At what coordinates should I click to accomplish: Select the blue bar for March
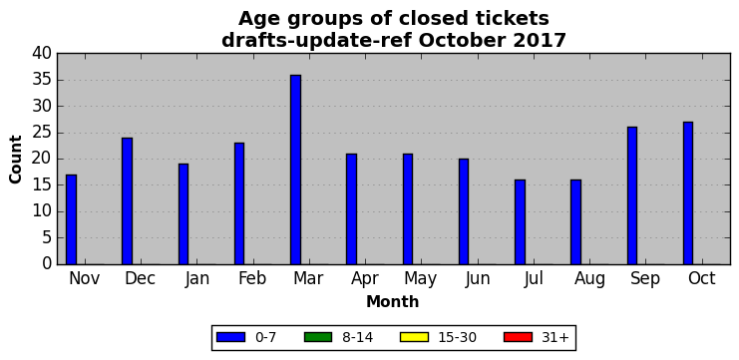(x=295, y=170)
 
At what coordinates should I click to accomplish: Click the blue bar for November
(x=71, y=219)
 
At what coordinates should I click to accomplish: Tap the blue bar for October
(x=688, y=193)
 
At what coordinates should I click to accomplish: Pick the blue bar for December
(x=128, y=201)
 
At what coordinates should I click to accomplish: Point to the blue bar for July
(x=520, y=222)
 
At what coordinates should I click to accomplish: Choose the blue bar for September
(x=632, y=195)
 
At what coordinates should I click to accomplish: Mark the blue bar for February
(x=239, y=203)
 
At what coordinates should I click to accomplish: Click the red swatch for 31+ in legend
(x=518, y=337)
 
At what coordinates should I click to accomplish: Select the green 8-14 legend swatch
(x=318, y=337)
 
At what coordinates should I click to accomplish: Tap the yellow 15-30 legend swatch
(x=414, y=337)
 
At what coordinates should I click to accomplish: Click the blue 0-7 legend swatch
(x=230, y=337)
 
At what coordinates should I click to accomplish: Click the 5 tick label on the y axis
(x=46, y=238)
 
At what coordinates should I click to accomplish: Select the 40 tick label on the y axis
(x=42, y=54)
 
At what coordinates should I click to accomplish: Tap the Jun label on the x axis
(x=478, y=279)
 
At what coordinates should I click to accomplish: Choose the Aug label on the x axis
(x=589, y=279)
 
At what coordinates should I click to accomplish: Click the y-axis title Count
(x=16, y=160)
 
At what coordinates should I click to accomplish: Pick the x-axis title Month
(x=393, y=301)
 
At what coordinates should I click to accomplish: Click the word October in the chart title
(x=461, y=41)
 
